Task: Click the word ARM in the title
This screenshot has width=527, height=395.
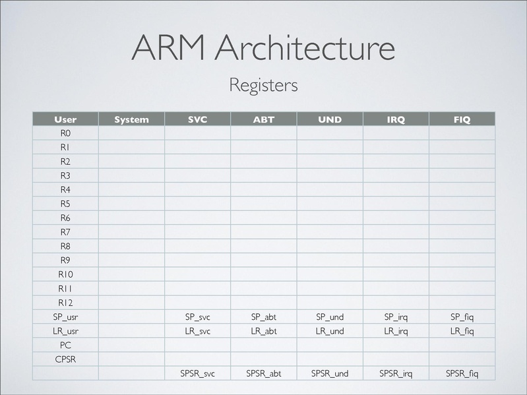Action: [x=169, y=47]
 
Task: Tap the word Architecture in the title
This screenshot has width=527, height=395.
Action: [x=305, y=47]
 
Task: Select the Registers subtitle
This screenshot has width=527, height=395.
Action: [x=263, y=85]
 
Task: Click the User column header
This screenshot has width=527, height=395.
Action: [x=65, y=119]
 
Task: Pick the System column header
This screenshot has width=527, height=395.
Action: [x=131, y=119]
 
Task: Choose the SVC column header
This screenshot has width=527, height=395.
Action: [x=198, y=119]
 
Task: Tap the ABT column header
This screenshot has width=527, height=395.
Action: [x=264, y=119]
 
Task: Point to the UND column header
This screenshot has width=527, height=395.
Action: [x=330, y=119]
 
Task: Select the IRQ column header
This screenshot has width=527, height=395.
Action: [x=396, y=119]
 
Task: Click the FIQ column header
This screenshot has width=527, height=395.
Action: [x=462, y=119]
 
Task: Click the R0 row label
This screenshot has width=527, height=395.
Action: [x=65, y=133]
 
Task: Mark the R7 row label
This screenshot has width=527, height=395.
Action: [x=65, y=232]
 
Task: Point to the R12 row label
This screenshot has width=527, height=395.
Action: [x=65, y=303]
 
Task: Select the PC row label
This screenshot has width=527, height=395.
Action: [x=65, y=345]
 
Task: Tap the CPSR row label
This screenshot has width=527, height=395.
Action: [x=65, y=359]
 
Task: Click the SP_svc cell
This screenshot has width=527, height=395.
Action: [x=198, y=317]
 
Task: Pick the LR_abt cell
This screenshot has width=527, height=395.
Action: [x=264, y=331]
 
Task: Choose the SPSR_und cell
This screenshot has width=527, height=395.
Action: [x=330, y=373]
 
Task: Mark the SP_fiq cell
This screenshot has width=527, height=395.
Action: [x=462, y=317]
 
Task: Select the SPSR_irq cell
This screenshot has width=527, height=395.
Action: [x=396, y=373]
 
